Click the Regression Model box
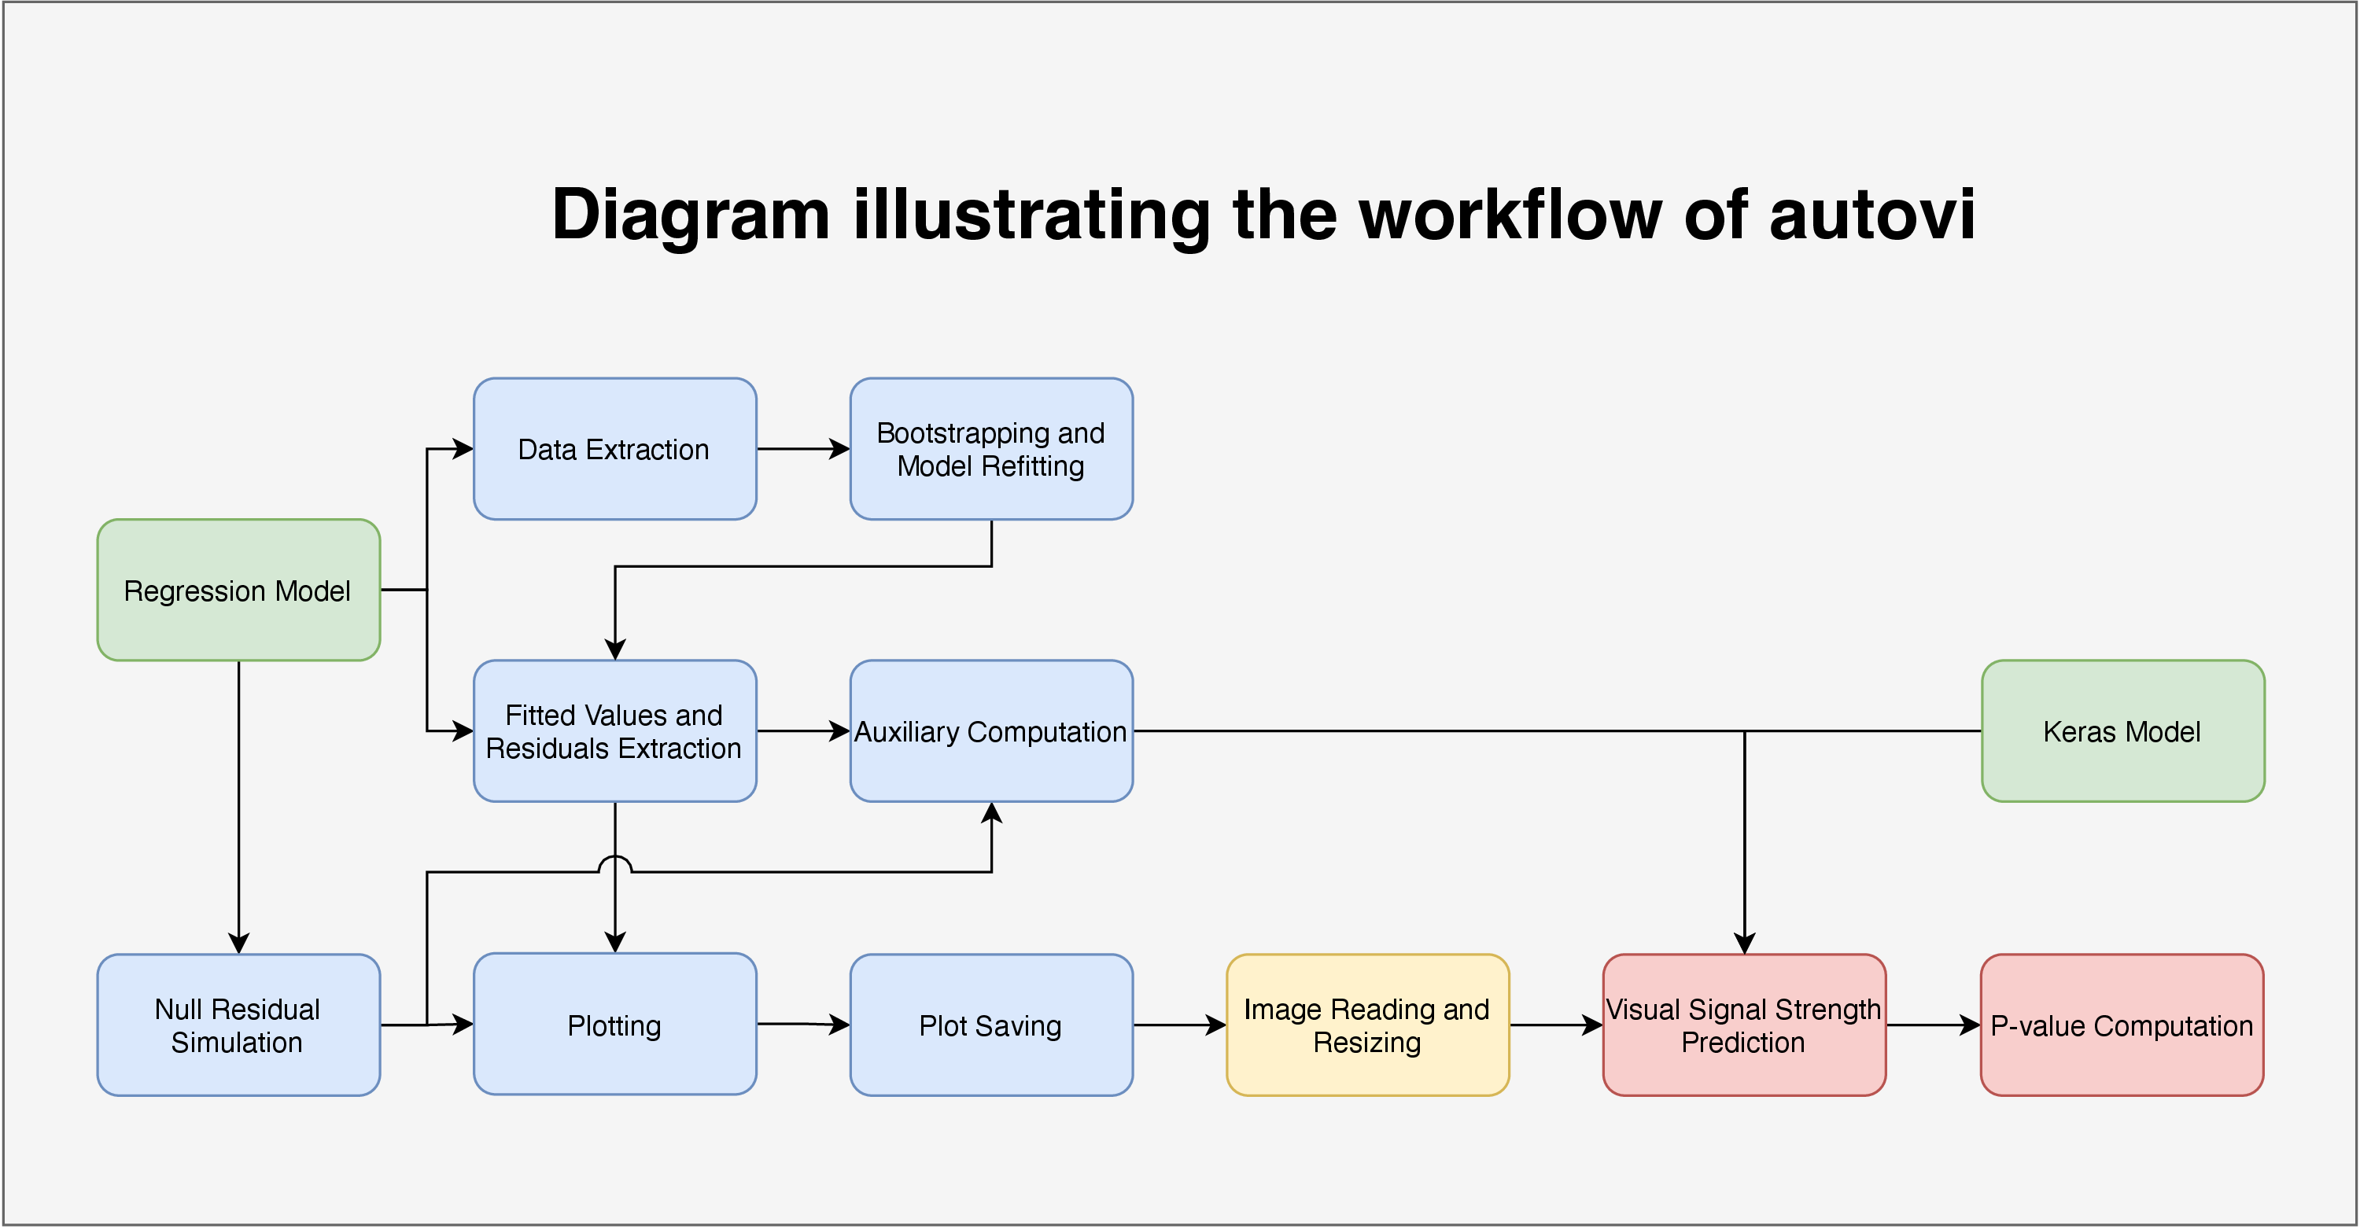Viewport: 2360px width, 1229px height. pos(238,590)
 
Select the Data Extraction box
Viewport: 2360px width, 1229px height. pos(614,449)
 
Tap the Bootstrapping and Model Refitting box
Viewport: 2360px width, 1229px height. pos(991,449)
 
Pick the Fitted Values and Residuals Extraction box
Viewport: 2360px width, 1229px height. pos(614,730)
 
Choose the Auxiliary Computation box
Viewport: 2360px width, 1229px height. pos(991,730)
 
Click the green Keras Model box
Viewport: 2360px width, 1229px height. pos(2122,730)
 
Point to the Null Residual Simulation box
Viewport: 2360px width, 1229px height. pos(238,1025)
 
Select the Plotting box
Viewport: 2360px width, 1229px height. pos(614,1024)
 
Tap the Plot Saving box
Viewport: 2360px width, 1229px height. pos(991,1025)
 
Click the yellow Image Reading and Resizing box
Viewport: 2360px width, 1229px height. pos(1368,1025)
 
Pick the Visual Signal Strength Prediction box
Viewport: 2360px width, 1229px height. pos(1744,1025)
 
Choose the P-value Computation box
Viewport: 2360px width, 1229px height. pos(2122,1025)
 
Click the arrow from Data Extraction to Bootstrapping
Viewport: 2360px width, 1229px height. pos(803,449)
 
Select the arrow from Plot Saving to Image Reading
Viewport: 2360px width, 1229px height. pos(1180,1025)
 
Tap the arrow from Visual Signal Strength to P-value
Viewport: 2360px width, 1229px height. pos(1933,1025)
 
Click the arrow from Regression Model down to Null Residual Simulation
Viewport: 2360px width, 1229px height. pos(238,807)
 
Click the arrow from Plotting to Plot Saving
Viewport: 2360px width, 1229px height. pos(803,1024)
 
